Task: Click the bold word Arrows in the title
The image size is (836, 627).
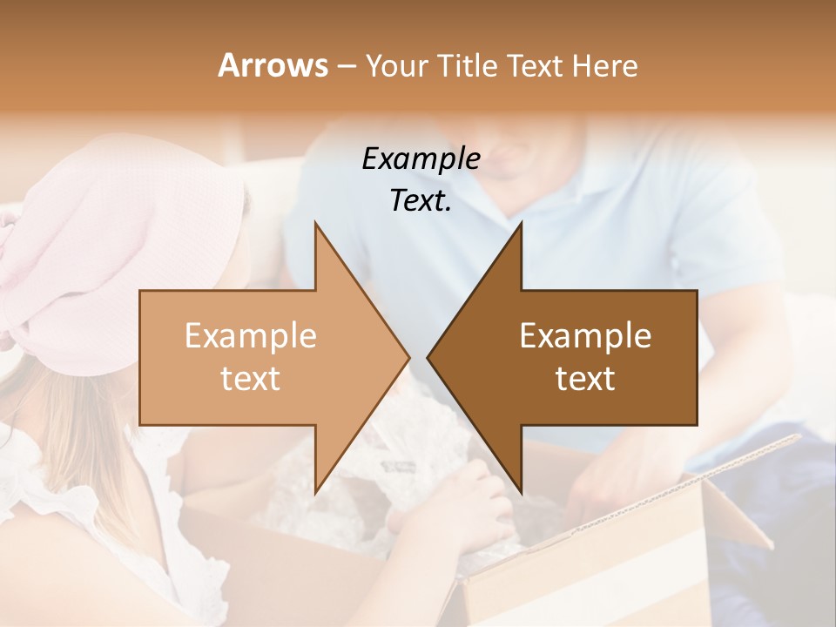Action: coord(273,65)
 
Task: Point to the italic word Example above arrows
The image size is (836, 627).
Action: coord(421,158)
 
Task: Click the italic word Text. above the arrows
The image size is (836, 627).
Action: coord(421,200)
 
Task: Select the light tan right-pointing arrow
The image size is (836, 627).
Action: coord(261,357)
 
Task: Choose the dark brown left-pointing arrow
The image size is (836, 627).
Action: coord(583,357)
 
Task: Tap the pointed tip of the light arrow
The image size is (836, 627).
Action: coord(407,357)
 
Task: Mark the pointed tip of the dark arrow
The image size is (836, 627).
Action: coord(430,357)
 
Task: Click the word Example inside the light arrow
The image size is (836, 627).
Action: coord(251,335)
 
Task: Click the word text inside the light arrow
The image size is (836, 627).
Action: coord(251,379)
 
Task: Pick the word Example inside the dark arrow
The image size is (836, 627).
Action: coord(585,335)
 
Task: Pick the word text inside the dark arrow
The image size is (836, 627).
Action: coord(585,379)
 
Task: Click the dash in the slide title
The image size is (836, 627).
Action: coord(346,66)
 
